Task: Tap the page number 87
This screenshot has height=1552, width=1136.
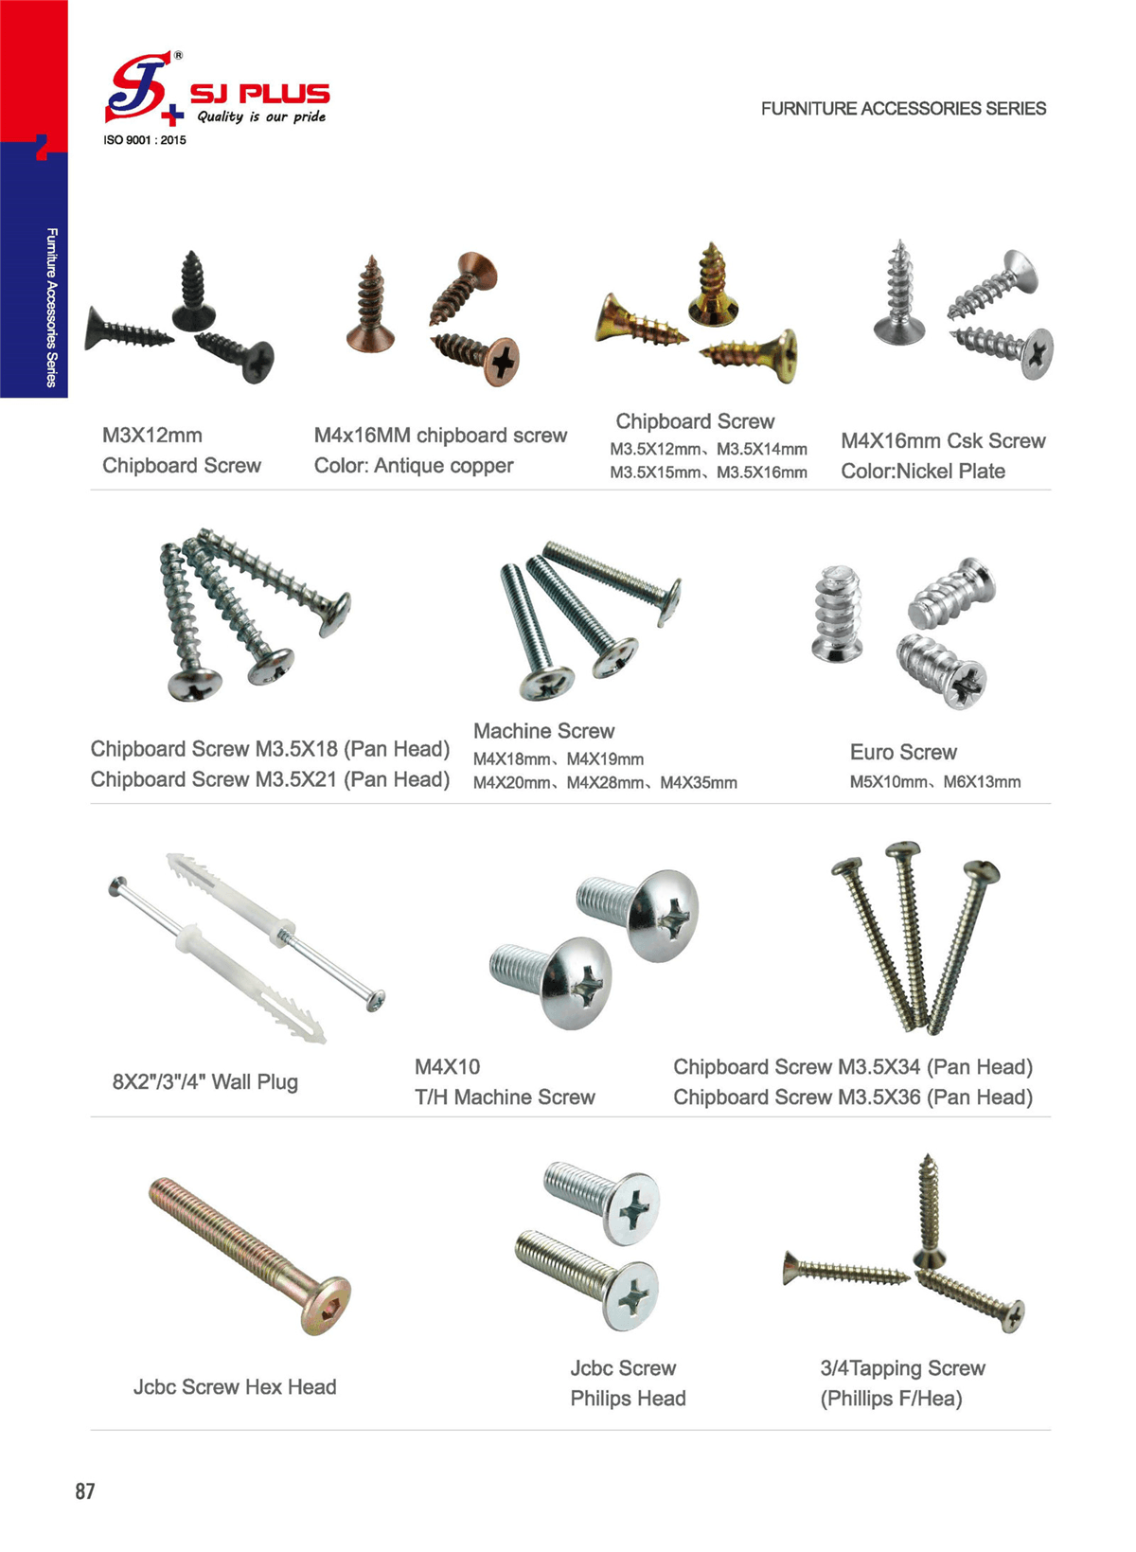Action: coord(85,1491)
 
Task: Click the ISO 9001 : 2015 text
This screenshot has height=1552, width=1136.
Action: coord(145,140)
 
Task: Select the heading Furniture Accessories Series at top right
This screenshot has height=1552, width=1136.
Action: coord(903,109)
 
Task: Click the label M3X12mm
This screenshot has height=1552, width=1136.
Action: coord(152,436)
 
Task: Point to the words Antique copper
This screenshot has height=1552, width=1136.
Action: coord(443,466)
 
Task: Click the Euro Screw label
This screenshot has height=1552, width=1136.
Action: coord(903,752)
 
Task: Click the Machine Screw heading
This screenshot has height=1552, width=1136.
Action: coord(543,731)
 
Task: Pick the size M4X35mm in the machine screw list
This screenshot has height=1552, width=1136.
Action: coord(699,783)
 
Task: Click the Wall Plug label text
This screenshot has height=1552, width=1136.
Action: coord(255,1081)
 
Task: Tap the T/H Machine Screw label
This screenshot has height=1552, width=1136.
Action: coord(505,1097)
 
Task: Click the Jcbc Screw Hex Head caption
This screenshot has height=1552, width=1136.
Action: coord(235,1386)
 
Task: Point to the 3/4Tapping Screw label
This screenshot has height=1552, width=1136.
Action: coord(902,1367)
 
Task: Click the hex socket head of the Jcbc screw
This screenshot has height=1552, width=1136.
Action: coord(325,1306)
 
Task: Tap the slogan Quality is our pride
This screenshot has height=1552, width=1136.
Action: coord(261,116)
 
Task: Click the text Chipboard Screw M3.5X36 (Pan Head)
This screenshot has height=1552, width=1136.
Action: coord(853,1097)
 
